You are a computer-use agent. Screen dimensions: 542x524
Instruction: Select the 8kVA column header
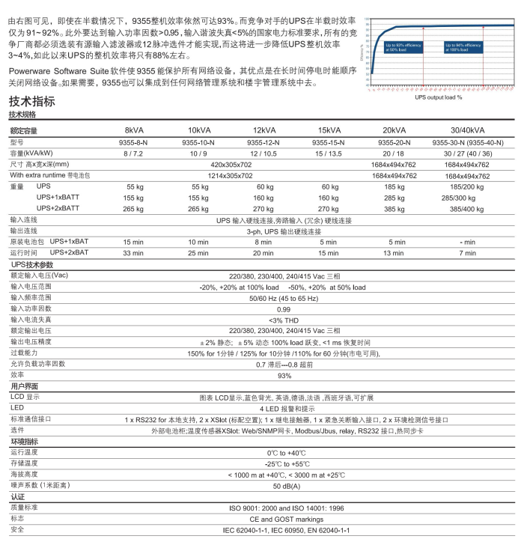[x=135, y=130]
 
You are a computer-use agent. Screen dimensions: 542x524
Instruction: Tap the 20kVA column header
[x=394, y=130]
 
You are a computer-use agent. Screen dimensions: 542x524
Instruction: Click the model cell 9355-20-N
[x=394, y=141]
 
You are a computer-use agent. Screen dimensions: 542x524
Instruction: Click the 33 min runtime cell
[x=133, y=253]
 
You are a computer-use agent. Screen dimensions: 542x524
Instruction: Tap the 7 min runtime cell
[x=467, y=253]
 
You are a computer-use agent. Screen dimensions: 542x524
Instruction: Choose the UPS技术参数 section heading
[x=32, y=265]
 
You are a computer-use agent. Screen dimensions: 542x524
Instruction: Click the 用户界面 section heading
[x=24, y=386]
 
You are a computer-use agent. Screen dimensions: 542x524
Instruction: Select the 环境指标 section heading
[x=24, y=442]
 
